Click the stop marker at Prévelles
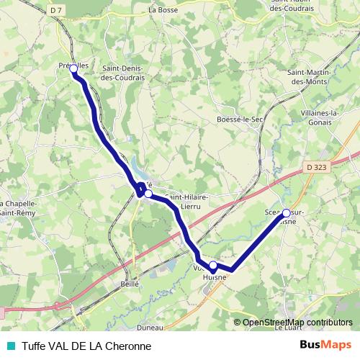pyautogui.click(x=73, y=68)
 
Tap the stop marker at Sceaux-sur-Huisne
pyautogui.click(x=287, y=212)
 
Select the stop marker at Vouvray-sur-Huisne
pyautogui.click(x=213, y=266)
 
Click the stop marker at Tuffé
pyautogui.click(x=148, y=194)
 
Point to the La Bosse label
pyautogui.click(x=163, y=10)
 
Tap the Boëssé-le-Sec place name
pyautogui.click(x=239, y=120)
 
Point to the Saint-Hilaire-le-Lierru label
pyautogui.click(x=187, y=201)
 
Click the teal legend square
pyautogui.click(x=10, y=346)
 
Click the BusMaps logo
pyautogui.click(x=326, y=345)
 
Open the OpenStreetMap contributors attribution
pyautogui.click(x=297, y=323)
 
